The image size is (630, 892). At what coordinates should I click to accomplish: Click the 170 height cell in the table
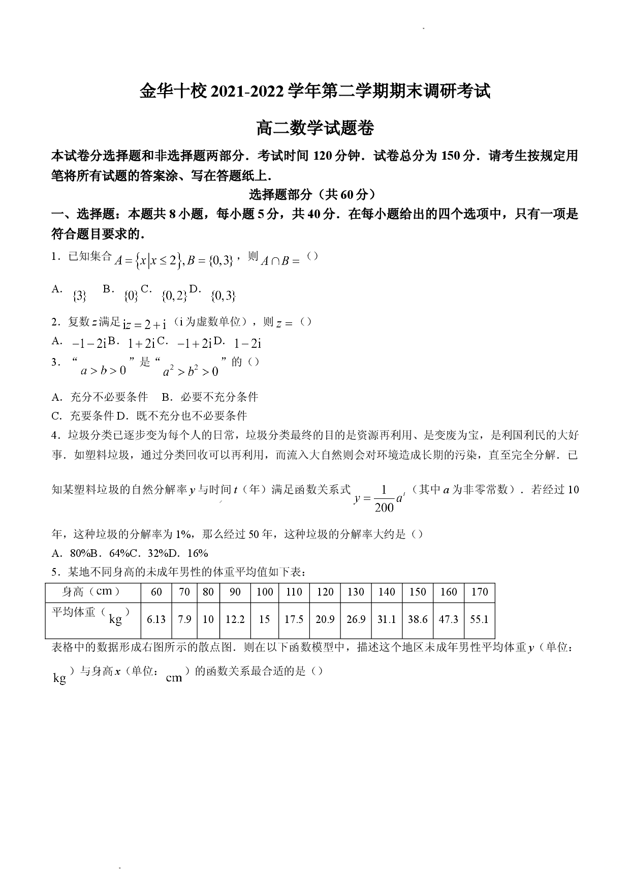479,591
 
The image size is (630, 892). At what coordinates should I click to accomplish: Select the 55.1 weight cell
479,619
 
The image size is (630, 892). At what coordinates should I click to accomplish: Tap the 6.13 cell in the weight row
156,619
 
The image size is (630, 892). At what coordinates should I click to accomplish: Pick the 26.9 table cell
356,619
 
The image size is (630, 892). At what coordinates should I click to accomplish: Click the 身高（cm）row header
91,591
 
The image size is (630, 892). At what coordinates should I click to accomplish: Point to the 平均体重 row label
73,612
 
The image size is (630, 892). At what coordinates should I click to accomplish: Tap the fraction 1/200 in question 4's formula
384,499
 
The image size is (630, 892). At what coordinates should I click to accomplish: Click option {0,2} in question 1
174,295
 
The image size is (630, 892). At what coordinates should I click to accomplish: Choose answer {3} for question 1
80,295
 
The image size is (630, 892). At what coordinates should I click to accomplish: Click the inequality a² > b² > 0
191,371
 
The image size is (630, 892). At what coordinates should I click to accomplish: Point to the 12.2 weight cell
235,619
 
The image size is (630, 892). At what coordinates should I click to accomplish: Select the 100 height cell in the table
265,591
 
